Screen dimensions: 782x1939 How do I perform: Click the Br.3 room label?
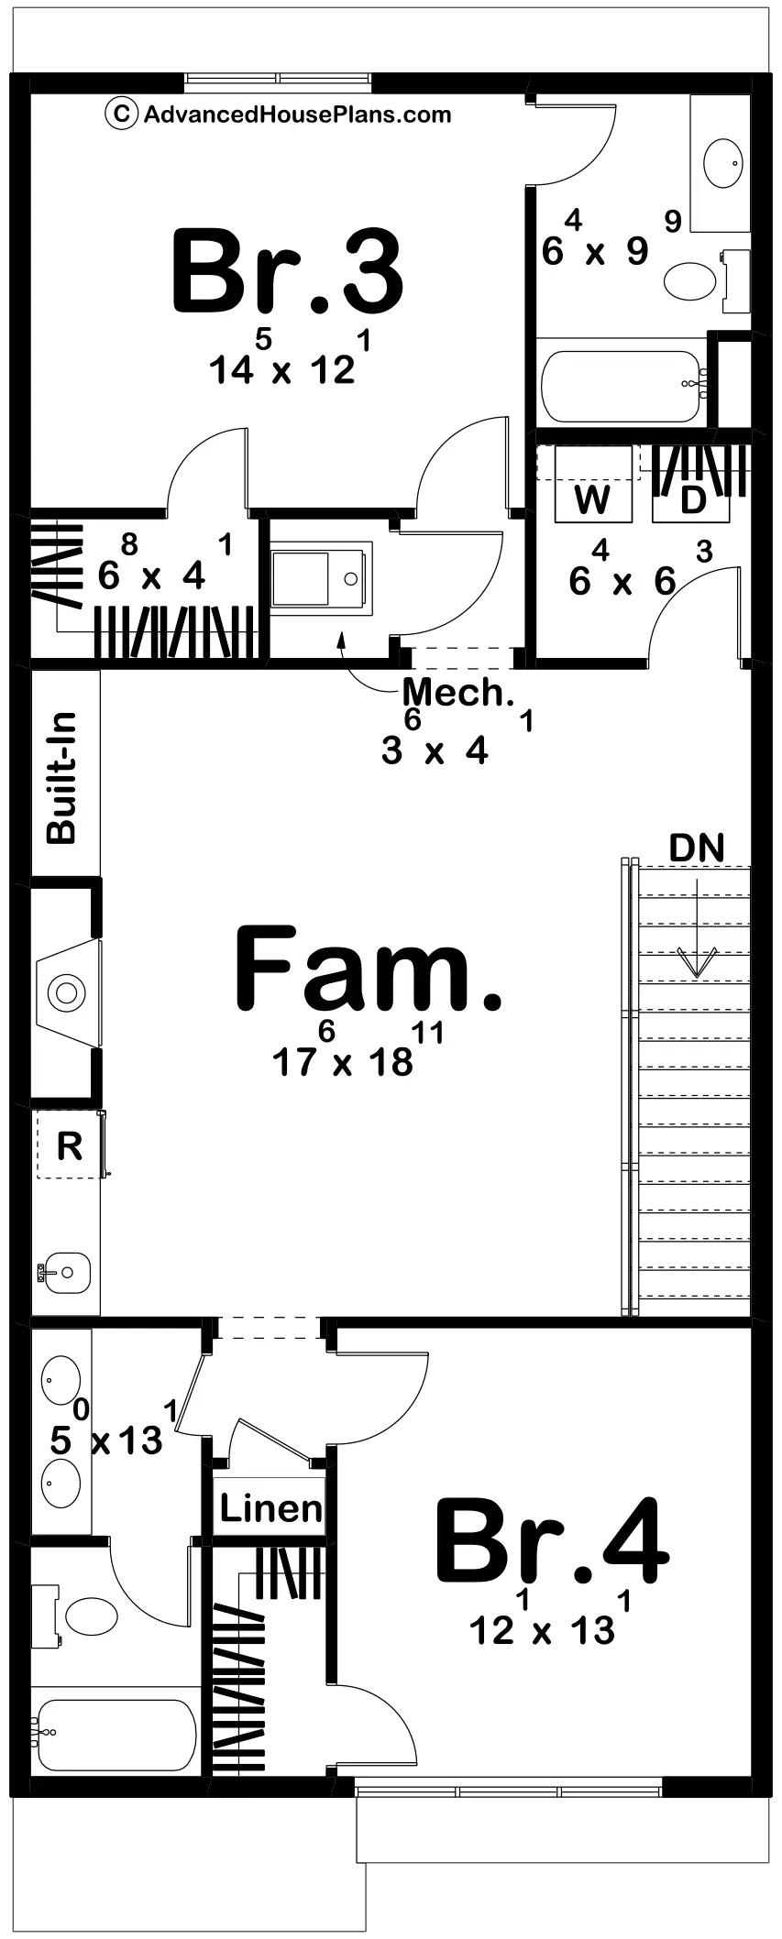click(288, 270)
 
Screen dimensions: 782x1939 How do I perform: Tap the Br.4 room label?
click(552, 1542)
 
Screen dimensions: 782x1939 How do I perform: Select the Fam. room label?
click(369, 967)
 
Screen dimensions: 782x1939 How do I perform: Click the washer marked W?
click(593, 483)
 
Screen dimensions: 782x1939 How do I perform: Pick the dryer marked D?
click(692, 484)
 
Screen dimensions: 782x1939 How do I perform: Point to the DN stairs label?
click(697, 848)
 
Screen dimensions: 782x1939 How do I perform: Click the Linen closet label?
click(271, 1507)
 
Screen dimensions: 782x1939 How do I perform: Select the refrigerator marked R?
click(69, 1145)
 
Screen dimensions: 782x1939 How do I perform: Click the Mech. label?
click(458, 692)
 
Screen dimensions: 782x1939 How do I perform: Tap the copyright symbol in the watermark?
click(119, 115)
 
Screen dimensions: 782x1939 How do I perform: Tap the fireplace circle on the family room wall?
click(65, 992)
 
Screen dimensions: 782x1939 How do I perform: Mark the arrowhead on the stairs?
click(696, 964)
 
